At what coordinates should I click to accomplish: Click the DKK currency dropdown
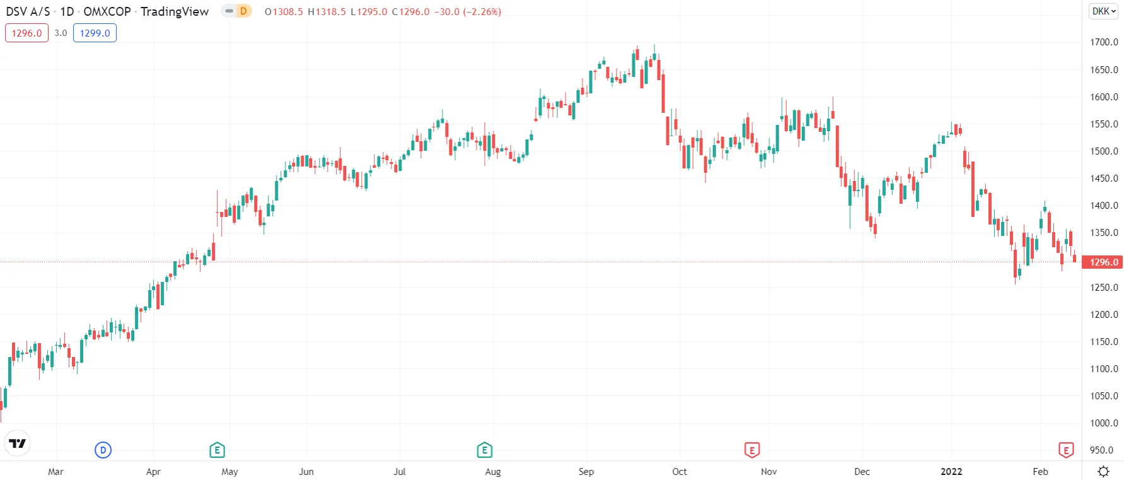(x=1103, y=11)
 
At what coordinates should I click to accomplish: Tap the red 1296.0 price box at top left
(x=26, y=33)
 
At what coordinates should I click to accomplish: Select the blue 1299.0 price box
(x=95, y=33)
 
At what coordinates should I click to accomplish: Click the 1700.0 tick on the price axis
(x=1104, y=42)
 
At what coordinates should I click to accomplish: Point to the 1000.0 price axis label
(x=1104, y=423)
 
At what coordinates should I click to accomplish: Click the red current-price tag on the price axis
(x=1103, y=262)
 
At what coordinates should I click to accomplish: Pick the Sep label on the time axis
(x=586, y=471)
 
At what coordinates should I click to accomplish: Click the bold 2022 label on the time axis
(x=951, y=471)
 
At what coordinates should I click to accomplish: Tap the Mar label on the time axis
(x=55, y=471)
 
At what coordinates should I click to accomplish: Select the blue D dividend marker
(x=103, y=450)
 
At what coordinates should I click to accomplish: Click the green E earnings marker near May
(x=217, y=450)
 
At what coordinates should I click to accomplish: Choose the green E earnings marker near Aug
(x=484, y=450)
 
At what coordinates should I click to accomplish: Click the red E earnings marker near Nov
(x=751, y=450)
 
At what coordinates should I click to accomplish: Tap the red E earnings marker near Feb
(x=1065, y=450)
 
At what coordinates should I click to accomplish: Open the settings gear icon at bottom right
(x=1103, y=471)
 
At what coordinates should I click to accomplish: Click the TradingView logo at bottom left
(x=18, y=443)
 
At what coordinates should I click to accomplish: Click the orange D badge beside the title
(x=243, y=11)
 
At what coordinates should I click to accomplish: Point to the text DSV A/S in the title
(x=28, y=11)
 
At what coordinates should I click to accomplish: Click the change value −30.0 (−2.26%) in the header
(x=468, y=11)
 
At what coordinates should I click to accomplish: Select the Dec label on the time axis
(x=862, y=471)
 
